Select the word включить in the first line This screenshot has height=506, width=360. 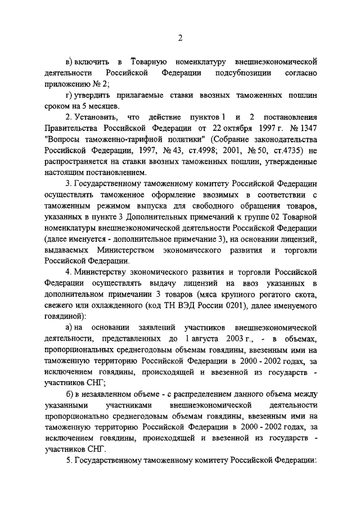(x=92, y=60)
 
